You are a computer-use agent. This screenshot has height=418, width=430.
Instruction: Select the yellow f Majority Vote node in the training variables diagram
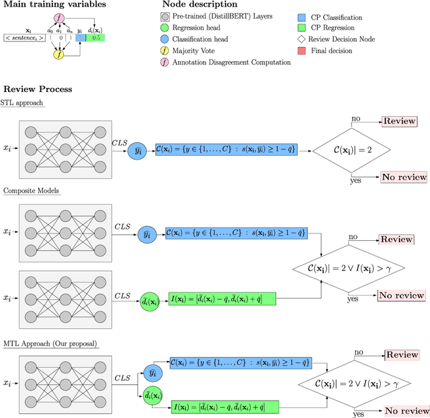(x=59, y=53)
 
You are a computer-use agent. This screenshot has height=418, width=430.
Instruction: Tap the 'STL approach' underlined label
(x=24, y=103)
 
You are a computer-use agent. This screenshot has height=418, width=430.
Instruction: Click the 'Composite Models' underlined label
(x=32, y=191)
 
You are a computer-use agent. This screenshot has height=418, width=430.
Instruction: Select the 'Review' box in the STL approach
(x=400, y=121)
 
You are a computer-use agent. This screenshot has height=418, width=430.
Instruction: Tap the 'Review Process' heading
(x=38, y=89)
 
